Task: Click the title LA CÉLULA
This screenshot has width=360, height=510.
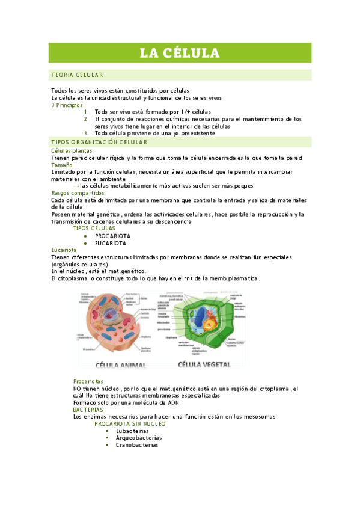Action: tap(180, 53)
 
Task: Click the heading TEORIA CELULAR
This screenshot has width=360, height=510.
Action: tap(78, 75)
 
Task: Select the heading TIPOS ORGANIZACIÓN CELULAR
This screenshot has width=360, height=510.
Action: tap(99, 142)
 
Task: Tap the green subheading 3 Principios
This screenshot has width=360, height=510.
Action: tap(67, 105)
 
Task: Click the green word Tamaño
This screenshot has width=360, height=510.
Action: tap(61, 164)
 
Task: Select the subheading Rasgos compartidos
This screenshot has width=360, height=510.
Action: tap(78, 193)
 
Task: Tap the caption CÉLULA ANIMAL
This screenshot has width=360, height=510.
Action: tap(124, 364)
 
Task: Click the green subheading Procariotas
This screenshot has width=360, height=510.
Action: tap(88, 382)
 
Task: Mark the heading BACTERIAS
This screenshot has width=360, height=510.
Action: tap(88, 410)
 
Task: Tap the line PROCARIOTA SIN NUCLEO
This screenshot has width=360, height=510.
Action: tap(130, 423)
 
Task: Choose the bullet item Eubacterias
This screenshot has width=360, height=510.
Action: tap(132, 431)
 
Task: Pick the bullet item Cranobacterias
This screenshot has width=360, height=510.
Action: tap(137, 446)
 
